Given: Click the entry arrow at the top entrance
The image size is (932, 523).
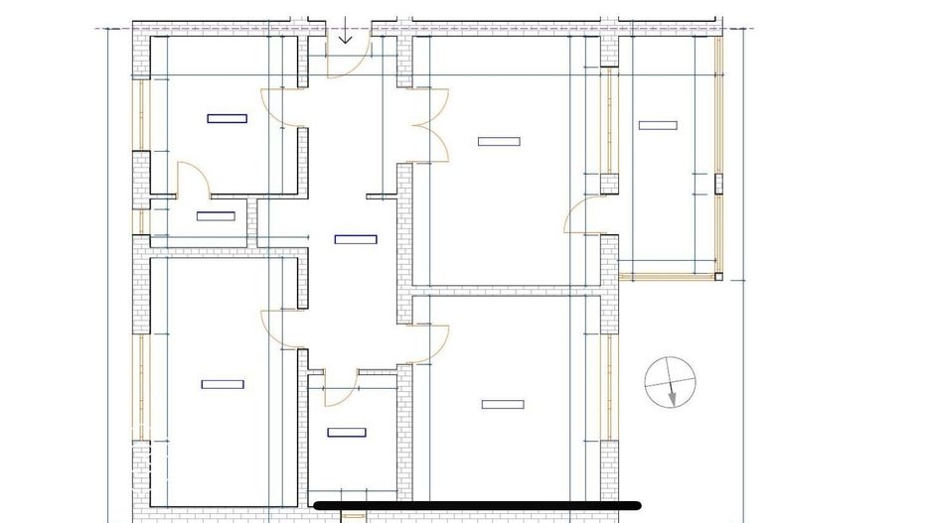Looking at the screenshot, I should [x=345, y=34].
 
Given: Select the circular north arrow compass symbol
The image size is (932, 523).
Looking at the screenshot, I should [x=670, y=382].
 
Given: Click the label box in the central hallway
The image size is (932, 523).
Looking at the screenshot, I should [x=356, y=238].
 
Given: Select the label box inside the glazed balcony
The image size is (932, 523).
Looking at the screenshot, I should [x=658, y=125].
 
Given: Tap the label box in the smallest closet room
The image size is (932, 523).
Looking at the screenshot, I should [x=216, y=216].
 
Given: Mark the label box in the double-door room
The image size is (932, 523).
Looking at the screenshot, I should [x=499, y=142].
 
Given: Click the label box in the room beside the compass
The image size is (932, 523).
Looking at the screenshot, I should [x=502, y=404].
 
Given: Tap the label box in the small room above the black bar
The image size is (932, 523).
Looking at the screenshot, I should [x=346, y=432].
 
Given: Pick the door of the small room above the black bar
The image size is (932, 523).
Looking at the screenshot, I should [x=338, y=387].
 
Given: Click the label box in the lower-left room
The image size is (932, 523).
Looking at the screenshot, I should [x=223, y=384].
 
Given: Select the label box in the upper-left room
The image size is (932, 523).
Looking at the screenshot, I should [x=227, y=118].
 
